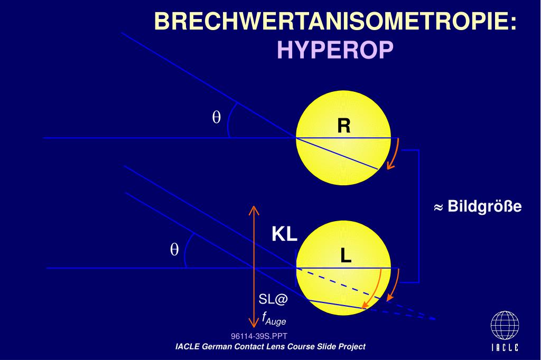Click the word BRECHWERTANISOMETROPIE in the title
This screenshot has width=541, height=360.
pyautogui.click(x=330, y=21)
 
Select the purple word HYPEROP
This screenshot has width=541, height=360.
pyautogui.click(x=335, y=50)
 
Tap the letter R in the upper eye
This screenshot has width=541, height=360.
pyautogui.click(x=343, y=126)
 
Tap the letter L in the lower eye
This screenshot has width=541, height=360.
pyautogui.click(x=346, y=256)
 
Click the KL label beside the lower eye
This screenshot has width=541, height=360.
pyautogui.click(x=284, y=234)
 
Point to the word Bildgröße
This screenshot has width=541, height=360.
pyautogui.click(x=484, y=206)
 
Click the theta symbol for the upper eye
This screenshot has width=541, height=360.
pyautogui.click(x=216, y=117)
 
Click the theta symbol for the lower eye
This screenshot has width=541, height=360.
pyautogui.click(x=174, y=249)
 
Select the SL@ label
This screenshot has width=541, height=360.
pyautogui.click(x=273, y=299)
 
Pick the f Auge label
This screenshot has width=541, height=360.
pyautogui.click(x=274, y=319)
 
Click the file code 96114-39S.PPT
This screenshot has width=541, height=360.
pyautogui.click(x=259, y=336)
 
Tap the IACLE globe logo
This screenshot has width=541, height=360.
pyautogui.click(x=505, y=326)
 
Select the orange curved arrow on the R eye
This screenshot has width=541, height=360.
pyautogui.click(x=394, y=154)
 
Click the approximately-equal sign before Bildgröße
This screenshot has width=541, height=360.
pyautogui.click(x=438, y=207)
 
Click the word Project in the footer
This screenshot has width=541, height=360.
pyautogui.click(x=352, y=347)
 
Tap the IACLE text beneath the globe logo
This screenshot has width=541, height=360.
pyautogui.click(x=505, y=347)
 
